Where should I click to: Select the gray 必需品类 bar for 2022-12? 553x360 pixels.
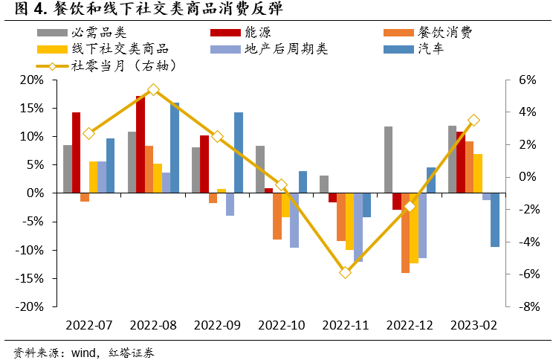(x=388, y=160)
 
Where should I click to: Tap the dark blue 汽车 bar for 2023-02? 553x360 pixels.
(x=495, y=219)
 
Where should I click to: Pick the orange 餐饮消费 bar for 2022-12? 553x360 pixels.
(x=406, y=233)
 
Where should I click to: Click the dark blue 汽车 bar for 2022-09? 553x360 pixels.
(x=239, y=152)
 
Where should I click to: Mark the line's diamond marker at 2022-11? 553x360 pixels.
(x=345, y=272)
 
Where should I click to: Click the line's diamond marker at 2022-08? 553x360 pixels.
(x=153, y=89)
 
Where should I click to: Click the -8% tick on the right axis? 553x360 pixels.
(x=526, y=306)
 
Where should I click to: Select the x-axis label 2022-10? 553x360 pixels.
(x=281, y=325)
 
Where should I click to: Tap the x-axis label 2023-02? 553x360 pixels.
(x=473, y=325)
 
